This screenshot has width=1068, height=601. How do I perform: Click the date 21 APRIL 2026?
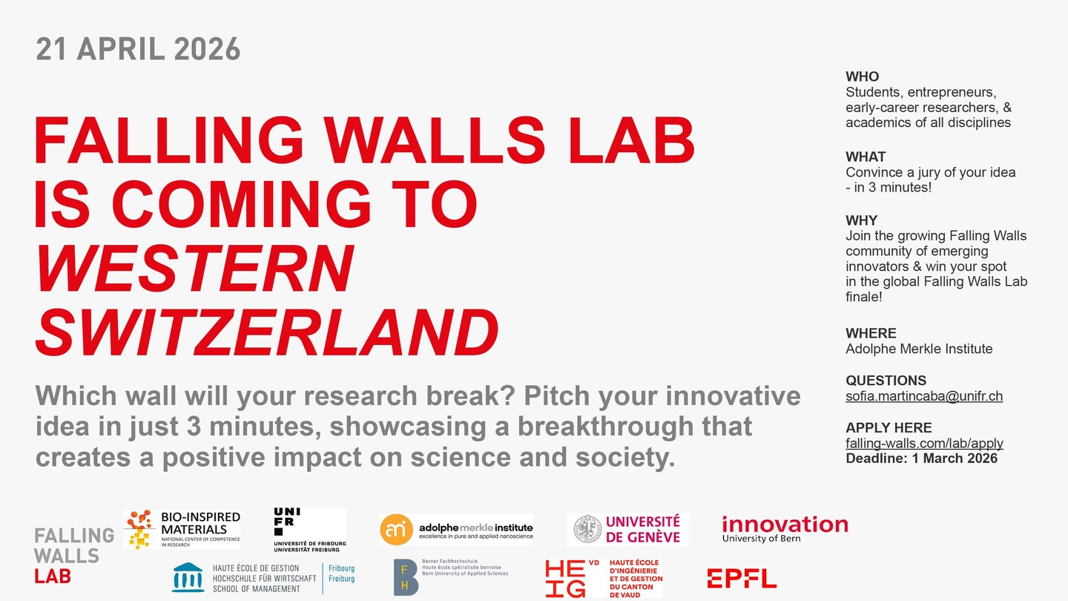pos(138,49)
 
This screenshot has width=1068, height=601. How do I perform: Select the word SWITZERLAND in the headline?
pos(267,332)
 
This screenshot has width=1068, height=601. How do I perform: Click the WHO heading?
pos(862,76)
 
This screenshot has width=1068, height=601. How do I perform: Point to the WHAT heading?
pos(866,157)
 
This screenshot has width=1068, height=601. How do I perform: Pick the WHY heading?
pos(861,220)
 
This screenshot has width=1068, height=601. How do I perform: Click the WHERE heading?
pos(871,333)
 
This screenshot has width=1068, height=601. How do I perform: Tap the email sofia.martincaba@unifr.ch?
pos(924,396)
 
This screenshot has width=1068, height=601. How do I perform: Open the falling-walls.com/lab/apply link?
pos(924,443)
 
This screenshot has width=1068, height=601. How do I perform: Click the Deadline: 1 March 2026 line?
pos(922,459)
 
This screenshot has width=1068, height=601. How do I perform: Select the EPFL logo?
pos(742,579)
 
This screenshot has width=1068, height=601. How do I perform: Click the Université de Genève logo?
pos(627,529)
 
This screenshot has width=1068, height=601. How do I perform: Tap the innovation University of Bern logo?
pos(785,528)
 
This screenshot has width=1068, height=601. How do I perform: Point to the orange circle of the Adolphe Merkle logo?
pos(396,530)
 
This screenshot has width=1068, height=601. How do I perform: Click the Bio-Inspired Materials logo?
pos(182,530)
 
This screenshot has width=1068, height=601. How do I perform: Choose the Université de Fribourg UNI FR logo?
pos(310,530)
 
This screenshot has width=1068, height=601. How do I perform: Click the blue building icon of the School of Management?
pos(188,577)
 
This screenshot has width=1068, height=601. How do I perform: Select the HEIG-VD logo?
pos(604,578)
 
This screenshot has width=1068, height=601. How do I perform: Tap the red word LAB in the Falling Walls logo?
pos(53,577)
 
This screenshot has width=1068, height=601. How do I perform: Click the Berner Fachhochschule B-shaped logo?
pos(405,577)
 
